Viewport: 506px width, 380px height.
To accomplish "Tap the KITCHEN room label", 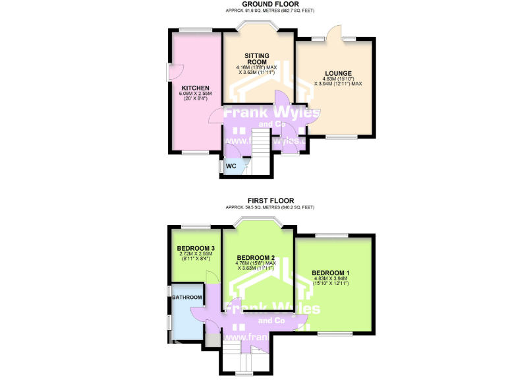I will pyautogui.click(x=196, y=88).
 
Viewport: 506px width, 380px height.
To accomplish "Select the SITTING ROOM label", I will pyautogui.click(x=258, y=58).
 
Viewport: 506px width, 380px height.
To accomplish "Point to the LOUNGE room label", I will pyautogui.click(x=338, y=73).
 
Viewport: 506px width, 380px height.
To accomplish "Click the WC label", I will pyautogui.click(x=231, y=166).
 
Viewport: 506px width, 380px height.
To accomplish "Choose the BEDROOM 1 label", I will pyautogui.click(x=331, y=273).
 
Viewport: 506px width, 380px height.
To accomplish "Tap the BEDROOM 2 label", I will pyautogui.click(x=256, y=257).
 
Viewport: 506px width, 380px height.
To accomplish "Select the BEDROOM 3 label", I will pyautogui.click(x=196, y=248).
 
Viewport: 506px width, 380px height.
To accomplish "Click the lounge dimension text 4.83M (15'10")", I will pyautogui.click(x=338, y=79).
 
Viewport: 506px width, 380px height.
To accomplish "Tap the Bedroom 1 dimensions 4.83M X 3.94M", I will pyautogui.click(x=331, y=280).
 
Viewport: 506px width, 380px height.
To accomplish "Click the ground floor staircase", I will pyautogui.click(x=262, y=142).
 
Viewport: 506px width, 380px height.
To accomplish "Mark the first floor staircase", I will pyautogui.click(x=244, y=359).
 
